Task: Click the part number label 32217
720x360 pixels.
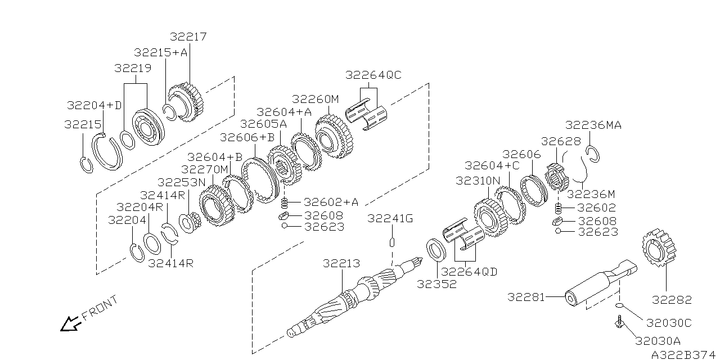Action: pos(188,37)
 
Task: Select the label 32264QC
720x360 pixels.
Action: pos(373,75)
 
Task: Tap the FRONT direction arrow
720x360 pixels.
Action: pos(70,323)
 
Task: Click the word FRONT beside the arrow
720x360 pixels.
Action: pos(100,308)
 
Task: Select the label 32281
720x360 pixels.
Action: pos(526,296)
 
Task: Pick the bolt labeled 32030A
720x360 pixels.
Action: pos(619,322)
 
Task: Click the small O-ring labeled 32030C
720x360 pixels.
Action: pos(619,305)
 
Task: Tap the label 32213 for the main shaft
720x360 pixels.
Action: pos(341,263)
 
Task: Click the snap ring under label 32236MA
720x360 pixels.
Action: pos(594,153)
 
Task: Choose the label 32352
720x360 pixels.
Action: pos(436,284)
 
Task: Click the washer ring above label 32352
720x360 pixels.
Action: pos(435,249)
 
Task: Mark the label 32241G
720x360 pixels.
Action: pos(390,218)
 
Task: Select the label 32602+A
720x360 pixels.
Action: pos(331,202)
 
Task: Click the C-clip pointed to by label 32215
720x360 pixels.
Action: pos(85,165)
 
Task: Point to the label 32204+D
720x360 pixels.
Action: pos(94,105)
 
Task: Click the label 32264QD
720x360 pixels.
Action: pos(474,272)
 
